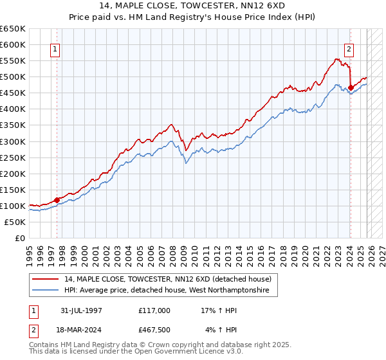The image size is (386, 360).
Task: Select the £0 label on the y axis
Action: [x=19, y=238]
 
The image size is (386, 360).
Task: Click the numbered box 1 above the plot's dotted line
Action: [x=55, y=49]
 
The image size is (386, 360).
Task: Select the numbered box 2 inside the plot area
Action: [x=349, y=49]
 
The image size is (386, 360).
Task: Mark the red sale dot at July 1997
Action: [x=57, y=200]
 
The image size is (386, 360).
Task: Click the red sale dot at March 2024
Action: [x=351, y=87]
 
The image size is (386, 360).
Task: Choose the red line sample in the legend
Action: [x=46, y=279]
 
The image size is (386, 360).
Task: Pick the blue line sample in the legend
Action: [x=46, y=291]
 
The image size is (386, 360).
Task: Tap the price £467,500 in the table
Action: [x=154, y=330]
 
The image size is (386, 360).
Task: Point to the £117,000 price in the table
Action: [x=154, y=310]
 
